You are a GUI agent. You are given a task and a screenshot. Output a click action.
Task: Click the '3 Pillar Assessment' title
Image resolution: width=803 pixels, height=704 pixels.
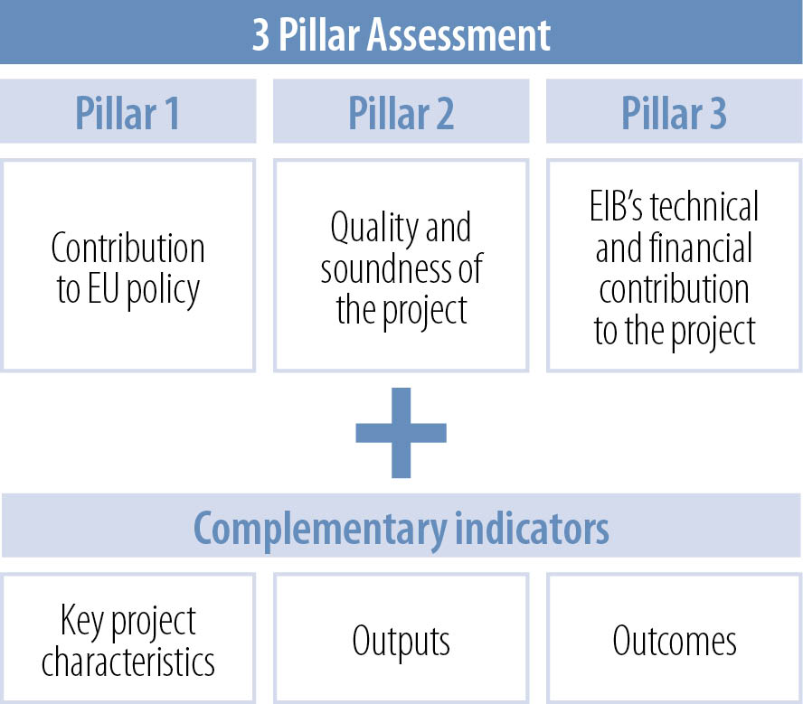[x=401, y=34]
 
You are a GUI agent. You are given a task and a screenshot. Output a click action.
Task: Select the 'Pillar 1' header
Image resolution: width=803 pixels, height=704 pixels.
[x=128, y=113]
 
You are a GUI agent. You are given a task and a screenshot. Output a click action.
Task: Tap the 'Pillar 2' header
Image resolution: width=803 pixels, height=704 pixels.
[x=401, y=113]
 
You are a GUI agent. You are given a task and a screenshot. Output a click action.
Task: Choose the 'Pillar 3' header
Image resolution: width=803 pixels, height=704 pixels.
[x=674, y=113]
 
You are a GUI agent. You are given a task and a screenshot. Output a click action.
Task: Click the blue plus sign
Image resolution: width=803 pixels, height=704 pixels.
[x=401, y=433]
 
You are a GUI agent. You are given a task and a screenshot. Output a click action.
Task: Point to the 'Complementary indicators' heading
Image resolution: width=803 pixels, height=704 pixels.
[x=401, y=529]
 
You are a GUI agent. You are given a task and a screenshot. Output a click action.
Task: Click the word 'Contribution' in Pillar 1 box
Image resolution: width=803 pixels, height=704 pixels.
[x=128, y=248]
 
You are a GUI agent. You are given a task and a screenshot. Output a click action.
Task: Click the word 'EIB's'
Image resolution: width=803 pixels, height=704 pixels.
[x=616, y=206]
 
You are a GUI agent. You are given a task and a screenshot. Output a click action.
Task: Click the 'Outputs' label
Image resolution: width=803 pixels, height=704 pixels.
[x=401, y=641]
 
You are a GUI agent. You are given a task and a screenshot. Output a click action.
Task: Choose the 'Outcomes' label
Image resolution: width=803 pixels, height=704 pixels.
[x=675, y=640]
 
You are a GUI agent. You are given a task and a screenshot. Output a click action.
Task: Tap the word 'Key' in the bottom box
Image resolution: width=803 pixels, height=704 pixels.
[x=82, y=621]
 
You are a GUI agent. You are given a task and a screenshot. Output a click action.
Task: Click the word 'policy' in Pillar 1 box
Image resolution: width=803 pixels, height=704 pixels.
[x=163, y=291]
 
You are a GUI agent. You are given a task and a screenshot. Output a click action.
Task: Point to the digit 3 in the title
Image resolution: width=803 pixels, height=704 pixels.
[x=260, y=34]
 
